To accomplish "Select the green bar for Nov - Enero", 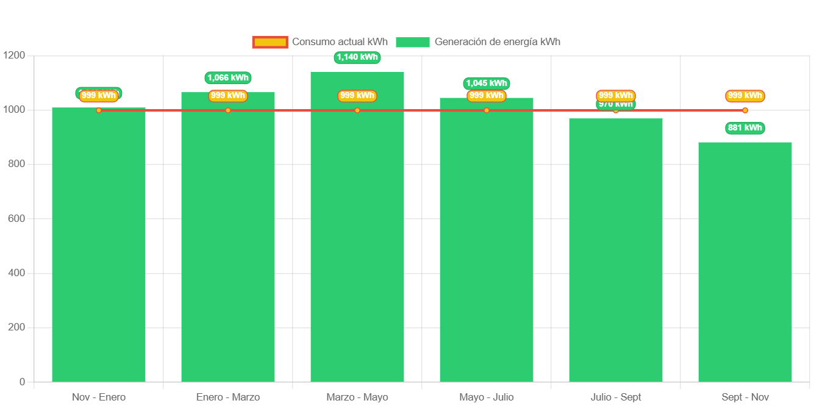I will coord(99,244).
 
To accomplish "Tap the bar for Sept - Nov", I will coord(745,262).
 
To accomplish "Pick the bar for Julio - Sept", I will coord(616,250).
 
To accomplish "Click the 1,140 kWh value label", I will coord(357,57).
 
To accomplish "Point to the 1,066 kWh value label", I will coord(228,77).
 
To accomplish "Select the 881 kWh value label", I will coord(745,128).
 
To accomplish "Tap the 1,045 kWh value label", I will coord(487,84).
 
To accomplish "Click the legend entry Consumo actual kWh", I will coord(339,42).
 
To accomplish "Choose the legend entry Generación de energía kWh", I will coord(497,42).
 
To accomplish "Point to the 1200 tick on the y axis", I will coord(14,55).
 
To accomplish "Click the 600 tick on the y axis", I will coord(17,218).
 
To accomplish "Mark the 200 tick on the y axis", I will coord(17,327).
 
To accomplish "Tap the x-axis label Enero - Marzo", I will coord(228,397).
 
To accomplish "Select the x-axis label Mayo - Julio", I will coord(487,397).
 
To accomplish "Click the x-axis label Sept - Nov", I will coord(745,397).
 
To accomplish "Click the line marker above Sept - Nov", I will coord(745,110).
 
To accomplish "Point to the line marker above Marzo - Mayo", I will coord(357,110).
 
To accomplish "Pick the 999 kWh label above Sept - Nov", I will coord(745,96).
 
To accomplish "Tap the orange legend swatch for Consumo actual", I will coord(270,42).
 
